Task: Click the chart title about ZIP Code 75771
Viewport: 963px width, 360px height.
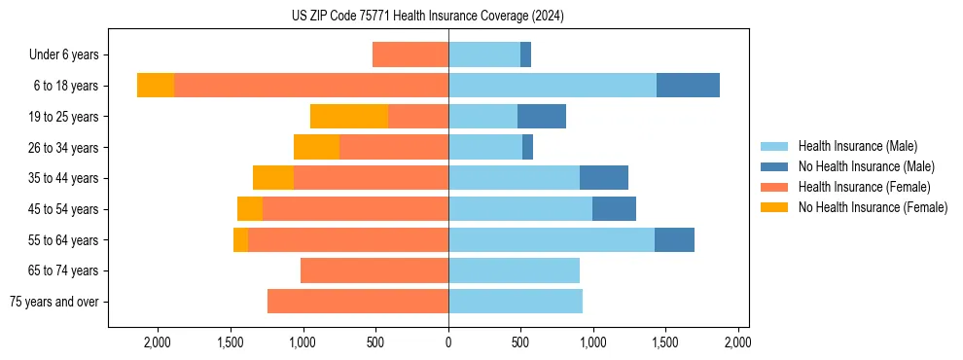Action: pos(427,17)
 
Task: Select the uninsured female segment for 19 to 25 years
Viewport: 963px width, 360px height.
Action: pos(349,117)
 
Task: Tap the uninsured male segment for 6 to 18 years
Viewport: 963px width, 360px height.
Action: pos(688,86)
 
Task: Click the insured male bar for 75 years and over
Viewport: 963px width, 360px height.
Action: pos(516,302)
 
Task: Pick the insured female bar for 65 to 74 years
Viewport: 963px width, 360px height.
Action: pos(374,270)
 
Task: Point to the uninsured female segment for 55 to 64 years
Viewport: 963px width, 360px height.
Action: pos(240,240)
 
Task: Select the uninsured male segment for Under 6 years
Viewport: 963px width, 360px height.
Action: pos(525,54)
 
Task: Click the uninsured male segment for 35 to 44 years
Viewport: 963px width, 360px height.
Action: pos(604,178)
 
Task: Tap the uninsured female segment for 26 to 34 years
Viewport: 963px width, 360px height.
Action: pos(316,147)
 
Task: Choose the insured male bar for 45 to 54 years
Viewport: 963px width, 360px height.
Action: pos(520,209)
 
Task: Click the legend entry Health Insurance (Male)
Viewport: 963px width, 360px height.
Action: pos(857,146)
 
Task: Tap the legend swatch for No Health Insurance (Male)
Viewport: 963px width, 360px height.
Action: pos(774,166)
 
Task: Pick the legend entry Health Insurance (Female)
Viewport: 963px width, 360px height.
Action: pos(864,187)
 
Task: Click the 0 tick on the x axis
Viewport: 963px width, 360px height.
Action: pos(448,342)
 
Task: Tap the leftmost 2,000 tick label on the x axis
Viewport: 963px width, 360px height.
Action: pos(158,342)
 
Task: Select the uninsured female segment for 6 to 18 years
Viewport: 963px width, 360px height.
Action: pos(156,86)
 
